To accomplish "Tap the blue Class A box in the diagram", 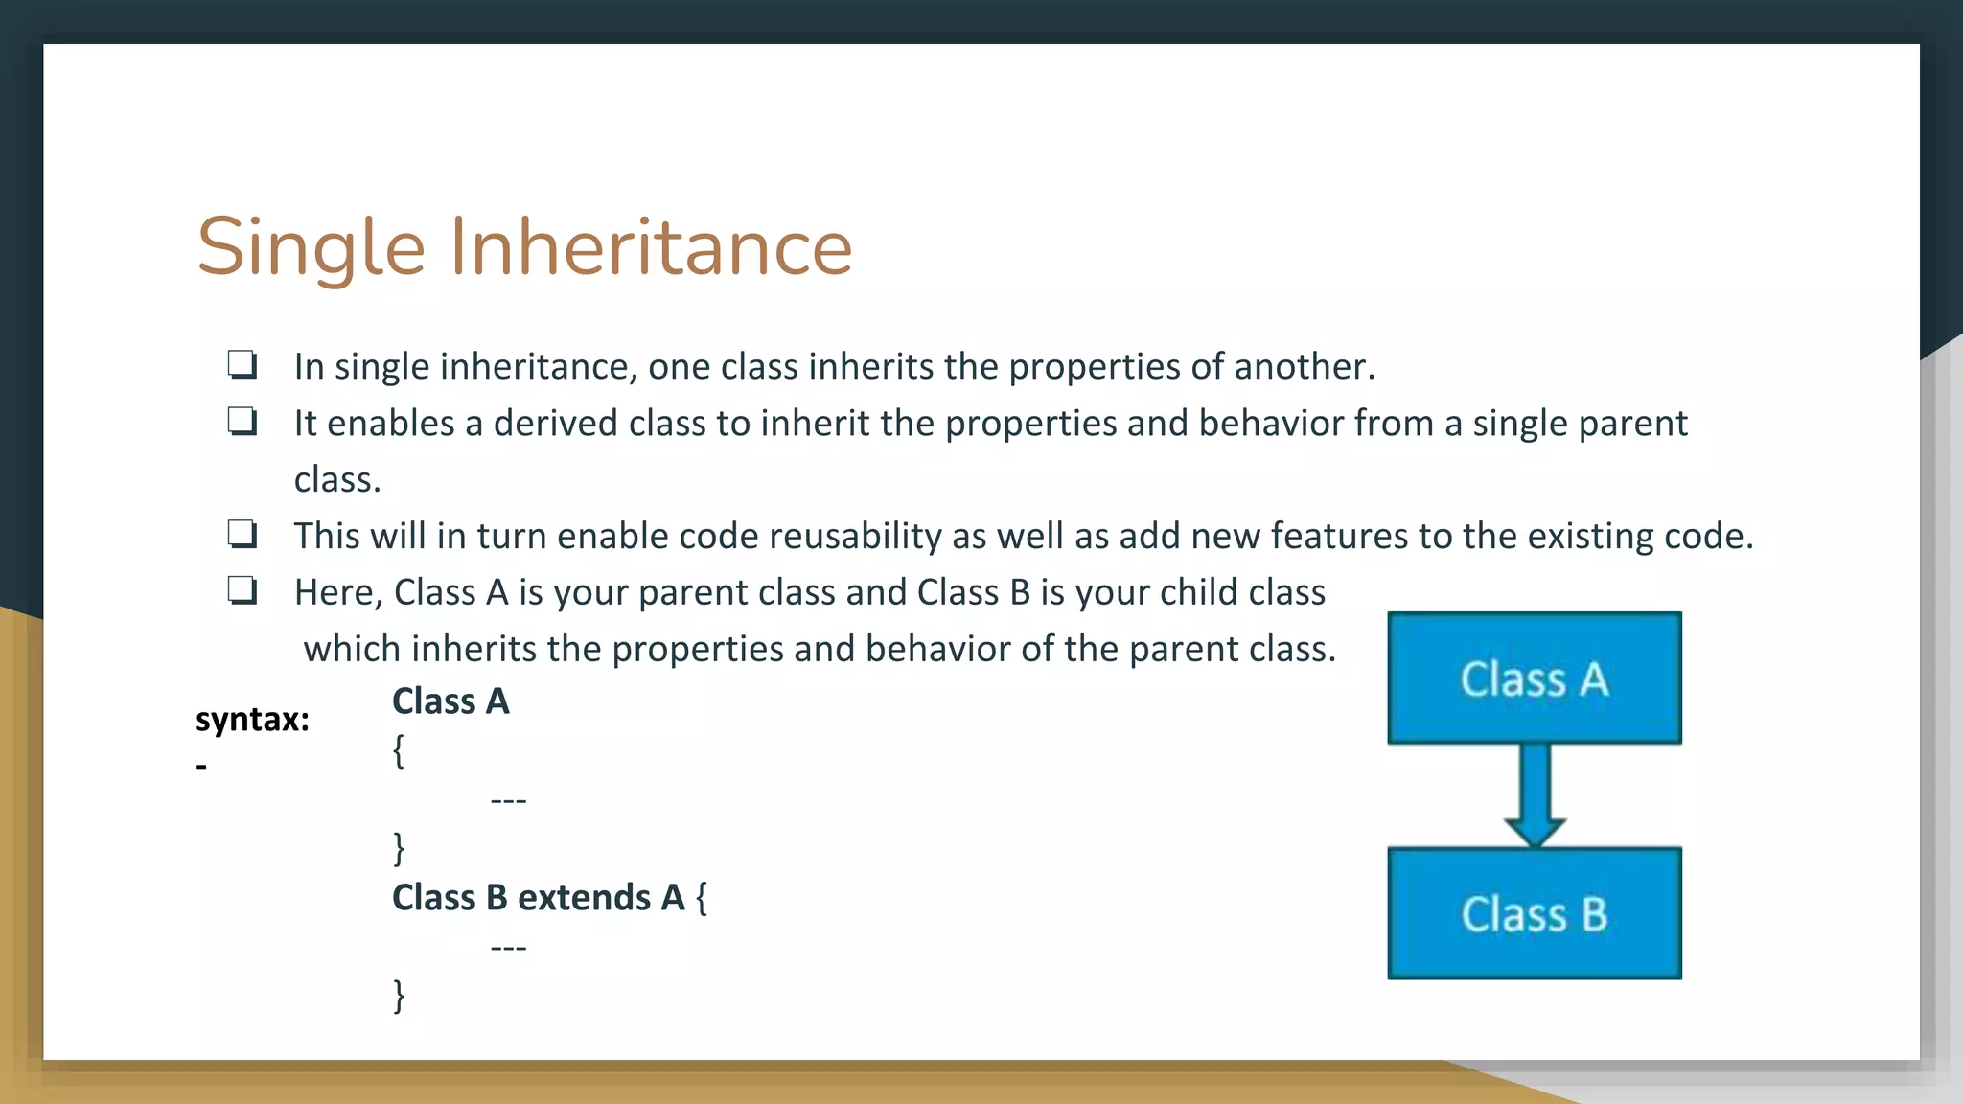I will (1534, 678).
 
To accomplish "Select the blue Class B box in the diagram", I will (1534, 913).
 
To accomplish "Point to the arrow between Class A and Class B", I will (1535, 793).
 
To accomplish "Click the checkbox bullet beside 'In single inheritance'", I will (242, 365).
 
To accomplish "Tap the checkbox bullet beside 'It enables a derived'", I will (242, 422).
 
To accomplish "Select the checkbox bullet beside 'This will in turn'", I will (242, 534).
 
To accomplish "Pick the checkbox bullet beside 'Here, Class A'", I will (242, 590).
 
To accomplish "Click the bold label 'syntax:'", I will (252, 719).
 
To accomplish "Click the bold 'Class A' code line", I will (450, 701).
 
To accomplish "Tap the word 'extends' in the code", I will (584, 898).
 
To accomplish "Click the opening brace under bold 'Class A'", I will (398, 750).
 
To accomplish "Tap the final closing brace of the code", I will (399, 996).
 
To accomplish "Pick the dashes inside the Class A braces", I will (508, 800).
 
